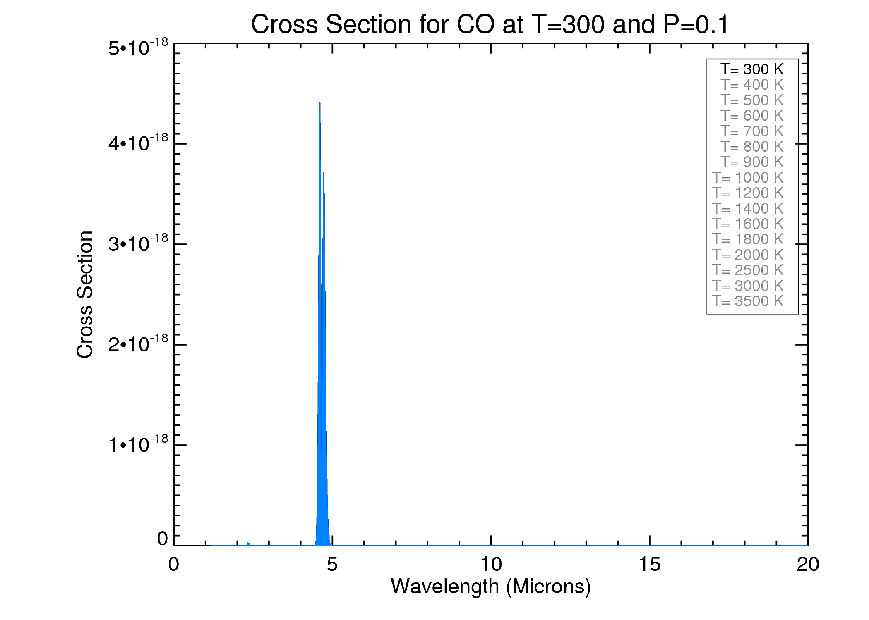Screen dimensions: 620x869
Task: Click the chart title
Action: click(490, 25)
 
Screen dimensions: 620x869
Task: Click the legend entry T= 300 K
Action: click(752, 69)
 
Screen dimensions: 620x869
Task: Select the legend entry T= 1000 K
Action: click(748, 178)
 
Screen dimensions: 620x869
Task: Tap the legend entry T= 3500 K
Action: click(748, 301)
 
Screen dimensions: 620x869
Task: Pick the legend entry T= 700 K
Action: click(752, 131)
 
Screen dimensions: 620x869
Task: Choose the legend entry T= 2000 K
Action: click(748, 255)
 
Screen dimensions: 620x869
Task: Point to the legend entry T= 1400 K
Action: click(748, 209)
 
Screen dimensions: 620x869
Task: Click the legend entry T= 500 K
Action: click(752, 100)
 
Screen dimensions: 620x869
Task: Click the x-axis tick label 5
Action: click(332, 565)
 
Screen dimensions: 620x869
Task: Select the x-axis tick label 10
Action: click(491, 565)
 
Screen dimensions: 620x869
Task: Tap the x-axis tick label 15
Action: click(649, 565)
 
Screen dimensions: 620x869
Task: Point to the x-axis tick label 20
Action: click(808, 565)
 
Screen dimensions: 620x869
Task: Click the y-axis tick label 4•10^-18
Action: click(138, 143)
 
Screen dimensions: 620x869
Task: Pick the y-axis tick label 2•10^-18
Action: click(138, 344)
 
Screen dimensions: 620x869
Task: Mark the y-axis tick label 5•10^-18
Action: click(138, 48)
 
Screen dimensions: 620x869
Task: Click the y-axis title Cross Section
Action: click(85, 294)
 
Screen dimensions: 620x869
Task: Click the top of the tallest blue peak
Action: click(320, 103)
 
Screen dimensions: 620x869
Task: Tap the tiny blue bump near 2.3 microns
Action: click(248, 544)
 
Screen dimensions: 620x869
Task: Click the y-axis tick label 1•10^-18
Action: click(138, 444)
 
